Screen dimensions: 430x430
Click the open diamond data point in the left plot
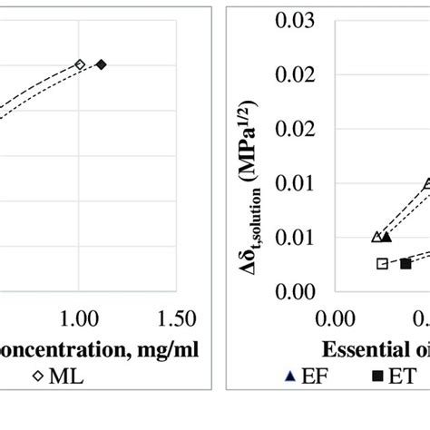(80, 64)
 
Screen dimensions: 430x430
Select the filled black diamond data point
(102, 64)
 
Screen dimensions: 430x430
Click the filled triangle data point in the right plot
(386, 237)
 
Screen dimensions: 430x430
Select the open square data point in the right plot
(382, 263)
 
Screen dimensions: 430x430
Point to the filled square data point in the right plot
(406, 263)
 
